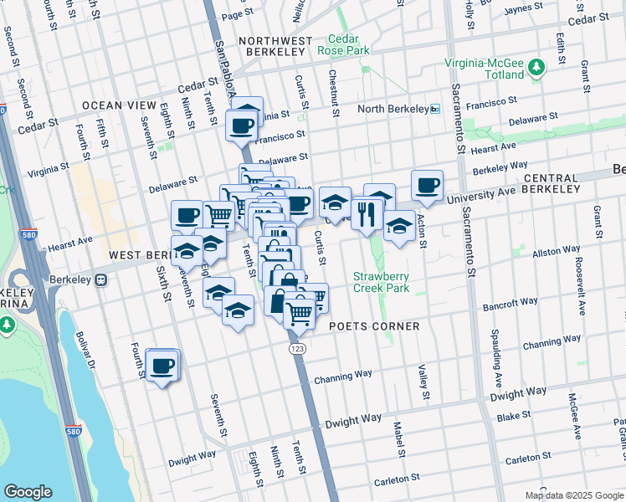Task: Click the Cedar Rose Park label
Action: [343, 44]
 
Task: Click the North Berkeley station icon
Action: [434, 109]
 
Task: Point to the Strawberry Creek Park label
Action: [384, 282]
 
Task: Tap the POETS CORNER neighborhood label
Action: [374, 325]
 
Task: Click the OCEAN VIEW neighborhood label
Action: [119, 105]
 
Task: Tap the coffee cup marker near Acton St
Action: [427, 185]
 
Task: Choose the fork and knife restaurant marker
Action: [367, 214]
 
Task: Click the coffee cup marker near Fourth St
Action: [162, 366]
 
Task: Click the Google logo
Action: [28, 492]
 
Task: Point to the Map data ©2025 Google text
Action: [574, 495]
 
